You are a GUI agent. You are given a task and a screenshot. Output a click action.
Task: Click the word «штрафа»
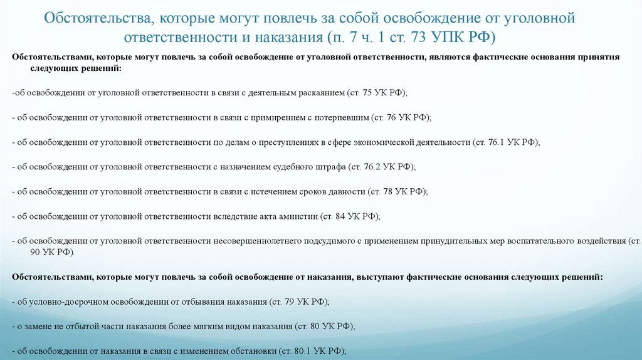[330, 167]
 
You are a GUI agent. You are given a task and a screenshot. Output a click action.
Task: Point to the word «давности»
[344, 191]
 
